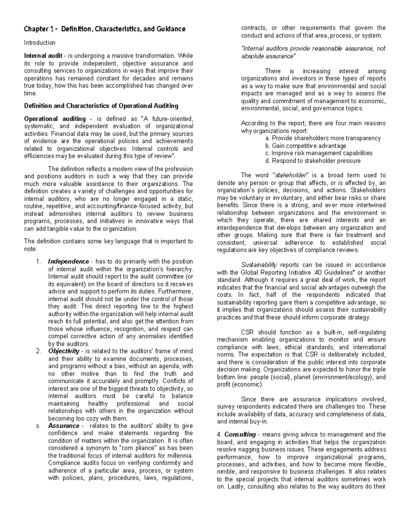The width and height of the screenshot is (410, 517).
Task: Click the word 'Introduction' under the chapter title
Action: coord(40,43)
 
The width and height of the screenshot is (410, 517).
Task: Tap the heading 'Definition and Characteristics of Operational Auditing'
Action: coord(101,106)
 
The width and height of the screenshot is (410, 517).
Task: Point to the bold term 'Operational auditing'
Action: coord(55,119)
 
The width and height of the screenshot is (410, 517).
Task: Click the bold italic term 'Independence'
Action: coord(69,262)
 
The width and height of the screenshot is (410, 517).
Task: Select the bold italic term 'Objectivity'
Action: coord(64,351)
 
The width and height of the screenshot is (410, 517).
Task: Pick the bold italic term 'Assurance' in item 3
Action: coord(64,426)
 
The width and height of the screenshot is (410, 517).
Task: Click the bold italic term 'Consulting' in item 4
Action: coord(240,435)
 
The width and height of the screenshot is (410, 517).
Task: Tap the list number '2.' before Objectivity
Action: coord(38,351)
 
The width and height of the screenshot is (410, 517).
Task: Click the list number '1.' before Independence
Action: coord(38,262)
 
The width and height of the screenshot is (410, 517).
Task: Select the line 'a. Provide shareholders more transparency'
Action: coord(323,138)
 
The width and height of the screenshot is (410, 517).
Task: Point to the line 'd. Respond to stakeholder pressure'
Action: coord(313,161)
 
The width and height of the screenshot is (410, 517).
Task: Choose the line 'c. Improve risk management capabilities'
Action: coord(318,153)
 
